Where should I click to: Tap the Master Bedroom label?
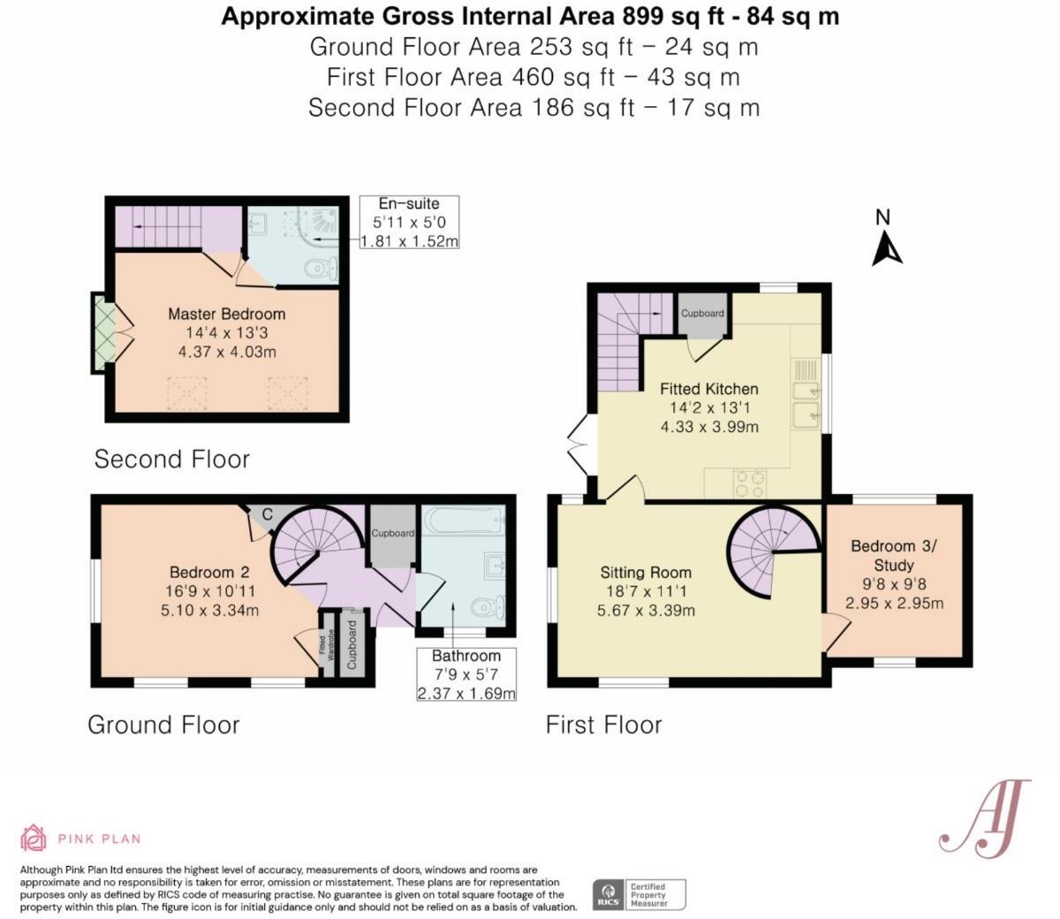click(227, 314)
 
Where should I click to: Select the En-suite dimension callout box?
click(409, 222)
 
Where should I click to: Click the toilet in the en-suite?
click(321, 268)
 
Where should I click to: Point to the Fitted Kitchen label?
click(709, 389)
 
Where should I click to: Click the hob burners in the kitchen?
click(751, 482)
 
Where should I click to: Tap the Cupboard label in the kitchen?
click(702, 313)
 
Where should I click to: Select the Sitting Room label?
click(646, 572)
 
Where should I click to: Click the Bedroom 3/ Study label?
click(894, 555)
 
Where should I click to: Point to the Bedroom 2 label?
click(209, 572)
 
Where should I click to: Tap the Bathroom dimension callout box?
click(466, 674)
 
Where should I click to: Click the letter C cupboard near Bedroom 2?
click(267, 513)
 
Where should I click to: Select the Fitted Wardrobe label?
click(327, 648)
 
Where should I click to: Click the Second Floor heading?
click(171, 459)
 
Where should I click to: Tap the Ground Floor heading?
click(163, 725)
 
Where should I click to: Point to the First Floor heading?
click(603, 725)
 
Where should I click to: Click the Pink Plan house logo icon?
click(34, 838)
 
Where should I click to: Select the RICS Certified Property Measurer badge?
click(639, 894)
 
